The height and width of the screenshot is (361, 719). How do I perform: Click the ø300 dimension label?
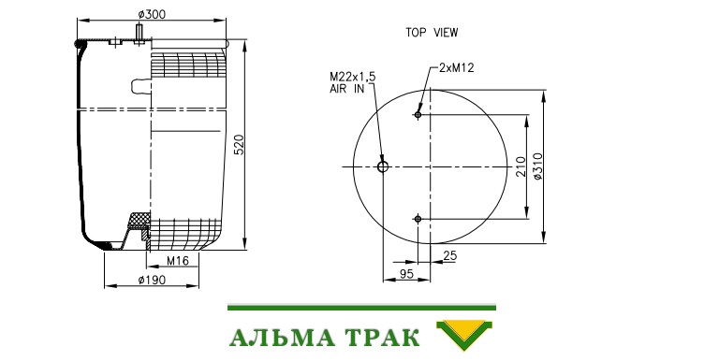click(x=152, y=14)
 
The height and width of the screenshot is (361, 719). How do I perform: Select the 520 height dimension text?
click(x=240, y=145)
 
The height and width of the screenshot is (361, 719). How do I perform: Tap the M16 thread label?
click(x=178, y=261)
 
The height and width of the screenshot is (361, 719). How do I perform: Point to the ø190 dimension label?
click(x=152, y=280)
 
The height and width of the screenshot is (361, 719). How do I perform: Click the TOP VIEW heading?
click(x=432, y=33)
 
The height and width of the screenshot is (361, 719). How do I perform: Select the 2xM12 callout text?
click(x=456, y=68)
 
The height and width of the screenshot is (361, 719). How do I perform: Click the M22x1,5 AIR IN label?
click(x=352, y=82)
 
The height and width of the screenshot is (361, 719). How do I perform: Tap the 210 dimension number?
click(x=521, y=166)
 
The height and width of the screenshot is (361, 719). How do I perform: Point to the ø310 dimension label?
click(x=537, y=166)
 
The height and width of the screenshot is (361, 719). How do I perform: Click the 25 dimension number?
click(x=450, y=255)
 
